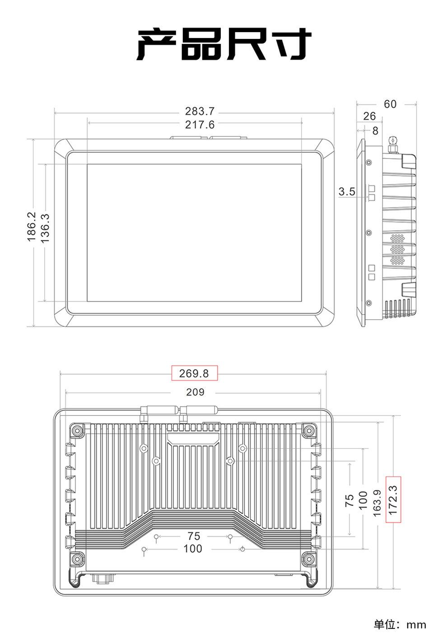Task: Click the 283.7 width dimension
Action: [200, 111]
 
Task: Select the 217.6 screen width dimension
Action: [200, 125]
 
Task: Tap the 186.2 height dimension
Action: [31, 227]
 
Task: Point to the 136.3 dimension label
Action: [45, 228]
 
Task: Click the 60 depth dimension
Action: [390, 104]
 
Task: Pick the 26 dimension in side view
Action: [369, 116]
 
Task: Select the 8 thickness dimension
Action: [375, 131]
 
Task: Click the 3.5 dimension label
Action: [347, 192]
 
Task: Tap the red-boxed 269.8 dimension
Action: [194, 373]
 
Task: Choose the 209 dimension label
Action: [195, 392]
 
